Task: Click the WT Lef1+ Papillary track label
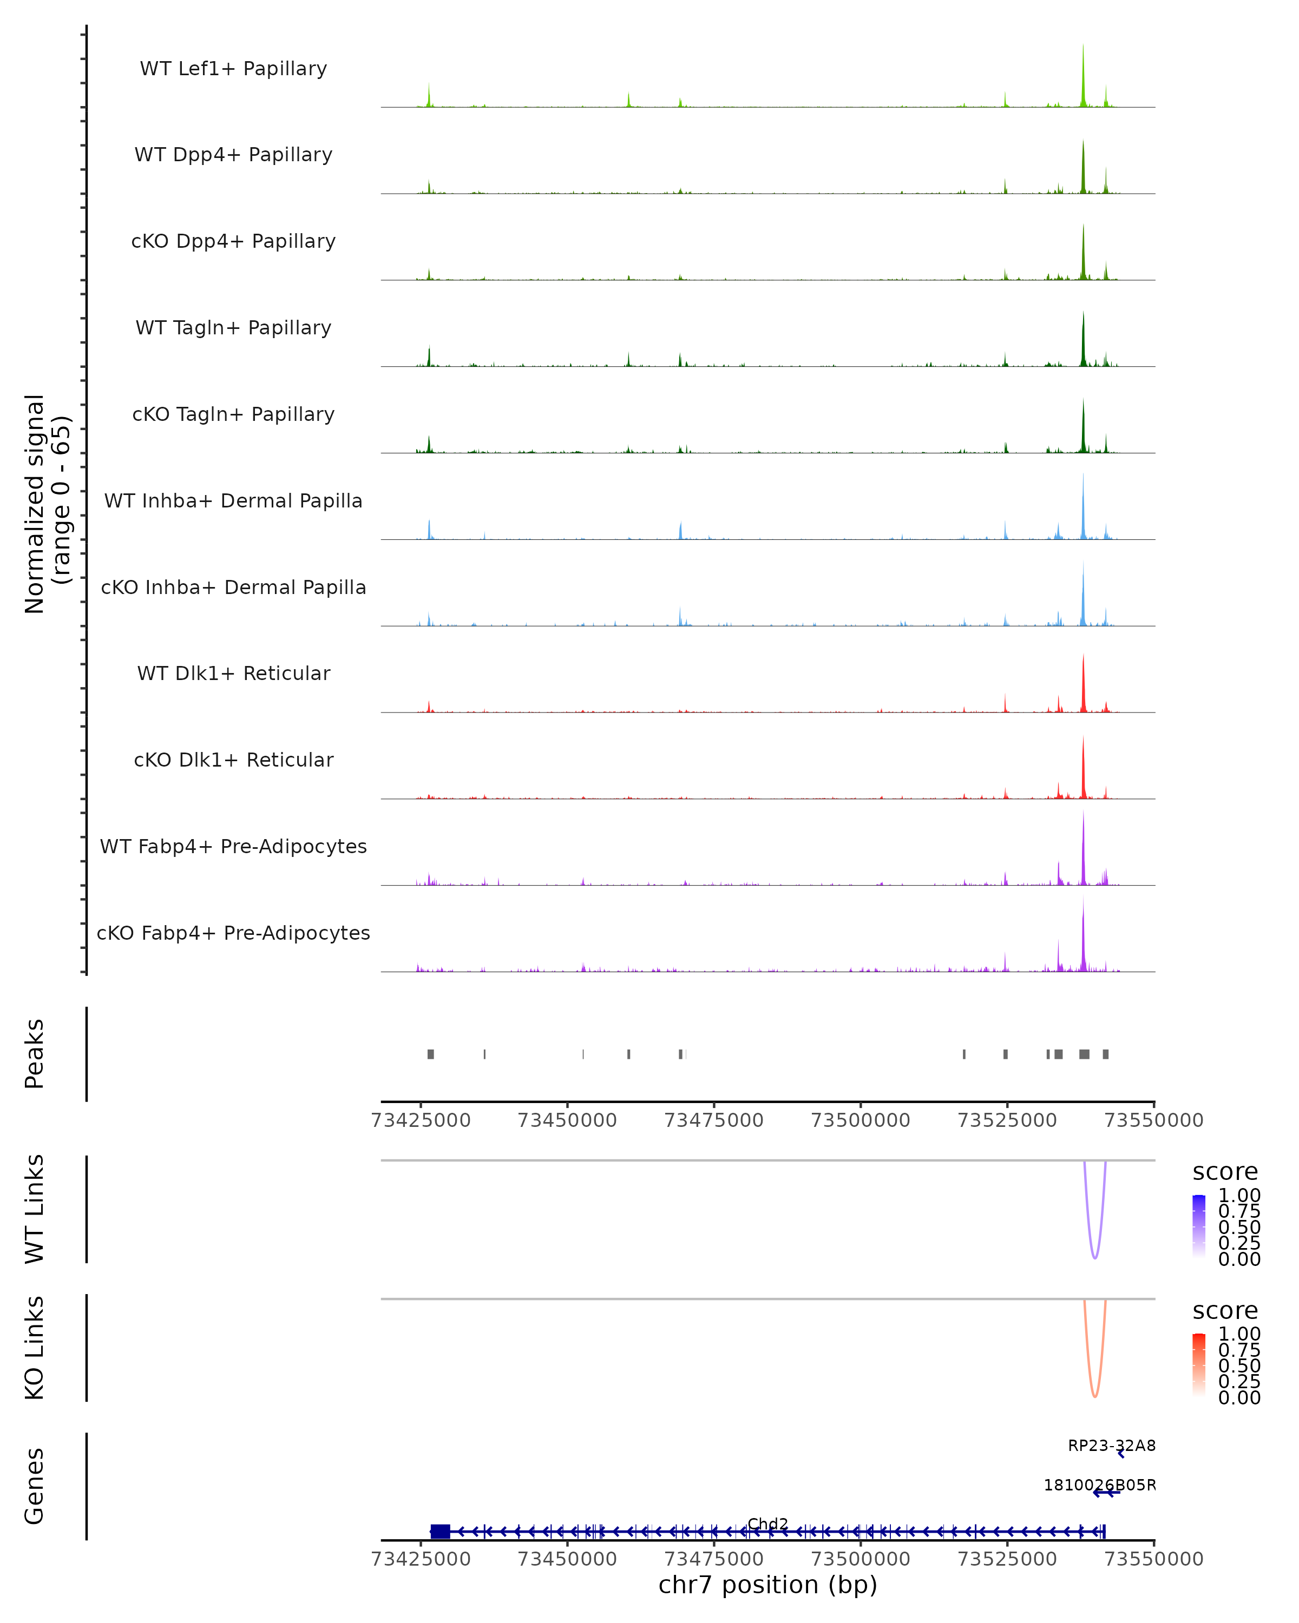click(233, 69)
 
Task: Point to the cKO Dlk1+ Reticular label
click(233, 760)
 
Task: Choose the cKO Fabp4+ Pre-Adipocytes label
click(233, 933)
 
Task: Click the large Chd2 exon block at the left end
click(440, 1531)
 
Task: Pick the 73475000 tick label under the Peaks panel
click(714, 1120)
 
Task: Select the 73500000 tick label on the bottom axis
click(860, 1559)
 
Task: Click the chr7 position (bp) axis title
click(767, 1585)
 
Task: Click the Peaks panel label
click(35, 1053)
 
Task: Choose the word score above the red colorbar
click(1224, 1311)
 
